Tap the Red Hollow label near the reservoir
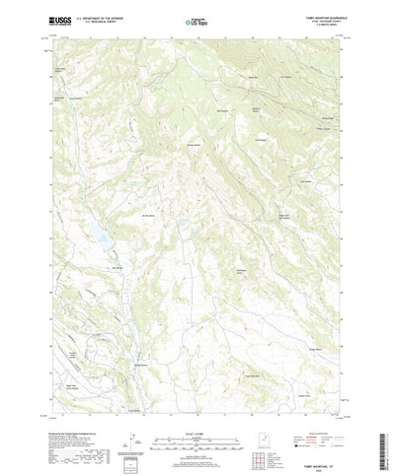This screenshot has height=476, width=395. [x=117, y=264]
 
